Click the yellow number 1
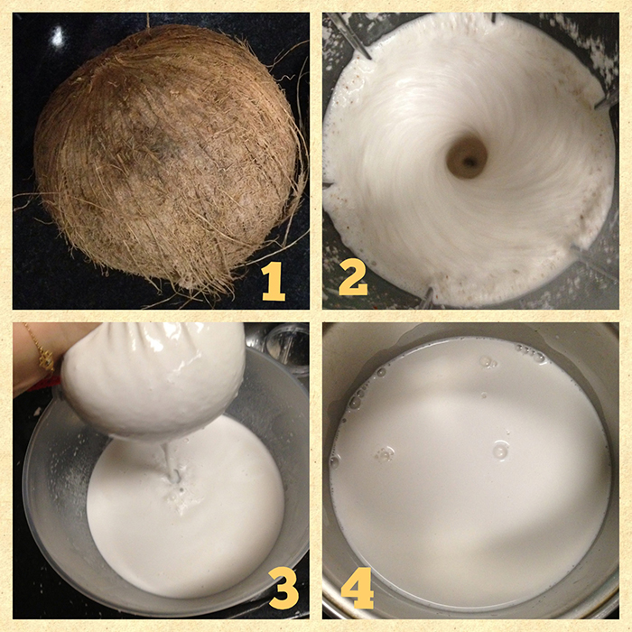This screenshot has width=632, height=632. point(274,282)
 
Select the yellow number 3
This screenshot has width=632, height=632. point(283,590)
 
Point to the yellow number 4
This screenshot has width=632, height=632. point(358,588)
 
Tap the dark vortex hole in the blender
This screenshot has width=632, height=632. point(467,157)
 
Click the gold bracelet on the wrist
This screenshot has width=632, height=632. point(42,350)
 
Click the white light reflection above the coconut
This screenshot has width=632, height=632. point(58,36)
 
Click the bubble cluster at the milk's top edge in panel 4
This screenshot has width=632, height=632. point(532,354)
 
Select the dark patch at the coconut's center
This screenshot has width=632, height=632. point(162,144)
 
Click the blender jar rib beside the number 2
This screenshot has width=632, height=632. point(428,297)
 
